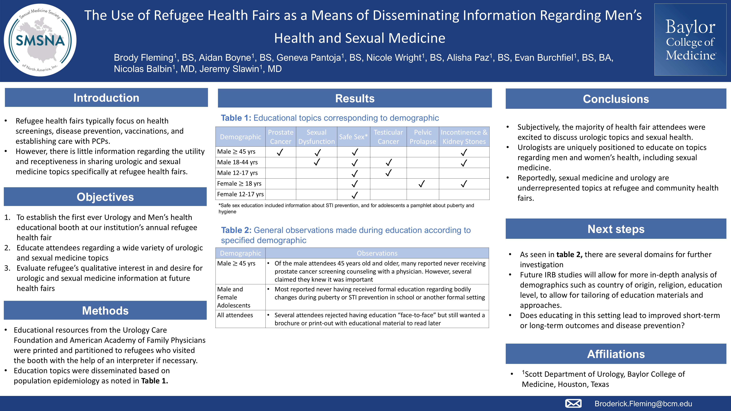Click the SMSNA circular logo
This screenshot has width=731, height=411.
coord(40,40)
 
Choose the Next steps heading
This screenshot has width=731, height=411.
coord(616,229)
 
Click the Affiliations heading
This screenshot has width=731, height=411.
coord(616,354)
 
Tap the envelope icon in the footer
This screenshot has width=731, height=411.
coord(573,403)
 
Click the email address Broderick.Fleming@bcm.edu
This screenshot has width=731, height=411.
coord(643,404)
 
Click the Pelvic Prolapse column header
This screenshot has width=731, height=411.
coord(423,137)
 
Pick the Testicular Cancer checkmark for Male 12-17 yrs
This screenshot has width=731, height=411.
coord(389,173)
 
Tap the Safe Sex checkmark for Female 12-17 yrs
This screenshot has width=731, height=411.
coord(355,195)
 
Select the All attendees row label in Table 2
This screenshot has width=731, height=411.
coord(235,315)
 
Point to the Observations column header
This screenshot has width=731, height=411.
coord(377,253)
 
